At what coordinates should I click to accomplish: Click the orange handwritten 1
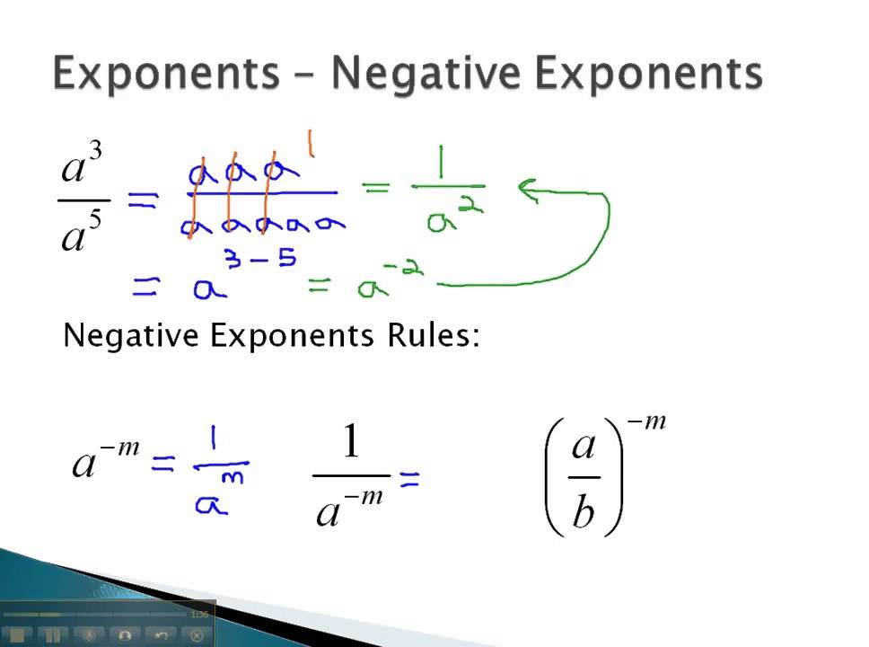[312, 144]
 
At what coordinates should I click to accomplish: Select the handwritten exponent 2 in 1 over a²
[474, 208]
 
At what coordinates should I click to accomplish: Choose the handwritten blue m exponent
[238, 475]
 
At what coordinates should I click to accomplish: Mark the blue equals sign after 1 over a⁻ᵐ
[409, 482]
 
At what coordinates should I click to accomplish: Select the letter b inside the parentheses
[584, 515]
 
